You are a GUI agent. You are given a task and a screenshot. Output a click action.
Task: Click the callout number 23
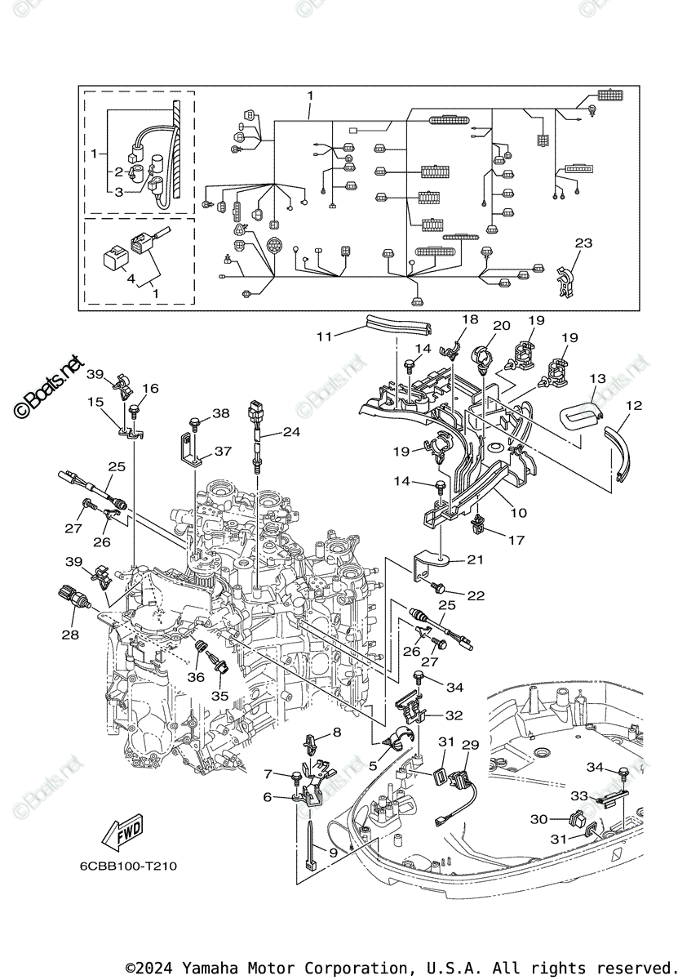583,243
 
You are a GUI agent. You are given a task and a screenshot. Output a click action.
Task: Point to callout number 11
325,336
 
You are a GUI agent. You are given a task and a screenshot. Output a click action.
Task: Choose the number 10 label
520,513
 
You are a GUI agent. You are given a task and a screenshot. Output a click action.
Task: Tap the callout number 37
223,451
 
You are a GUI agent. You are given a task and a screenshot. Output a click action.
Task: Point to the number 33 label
578,795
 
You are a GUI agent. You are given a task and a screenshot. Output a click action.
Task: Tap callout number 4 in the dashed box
130,278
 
